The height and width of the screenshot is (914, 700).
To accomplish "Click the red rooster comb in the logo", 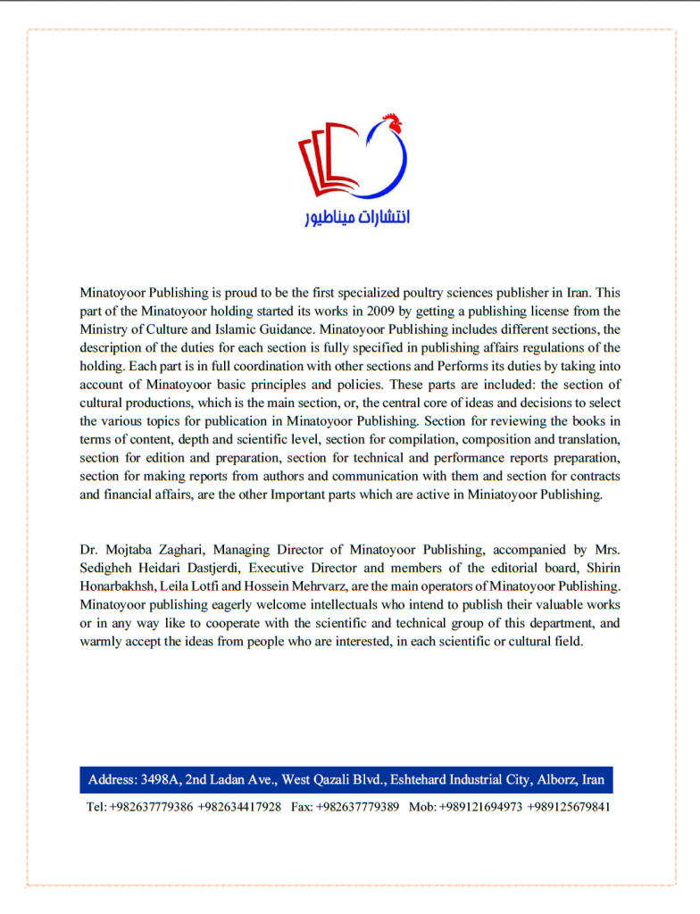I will pyautogui.click(x=390, y=120).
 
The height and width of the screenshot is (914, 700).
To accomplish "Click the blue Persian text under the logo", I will pyautogui.click(x=356, y=217).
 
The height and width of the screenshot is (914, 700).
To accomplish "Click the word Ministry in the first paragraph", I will pyautogui.click(x=102, y=329).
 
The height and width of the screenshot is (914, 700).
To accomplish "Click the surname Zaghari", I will pyautogui.click(x=181, y=550).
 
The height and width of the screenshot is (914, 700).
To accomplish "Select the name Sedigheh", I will pyautogui.click(x=104, y=568).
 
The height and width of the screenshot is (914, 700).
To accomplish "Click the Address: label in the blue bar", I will pyautogui.click(x=112, y=780).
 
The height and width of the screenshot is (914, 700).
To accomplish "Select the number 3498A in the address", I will pyautogui.click(x=162, y=780).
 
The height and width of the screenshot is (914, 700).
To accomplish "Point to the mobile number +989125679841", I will pyautogui.click(x=569, y=807).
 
